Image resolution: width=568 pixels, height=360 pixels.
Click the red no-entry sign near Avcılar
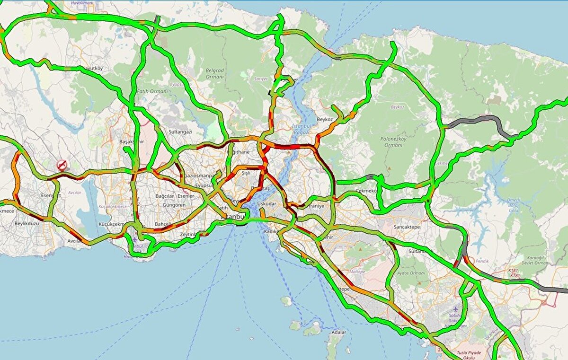[x=62, y=165]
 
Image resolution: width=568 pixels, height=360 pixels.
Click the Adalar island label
[x=338, y=332]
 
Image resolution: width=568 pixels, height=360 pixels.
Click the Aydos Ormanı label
[x=410, y=273]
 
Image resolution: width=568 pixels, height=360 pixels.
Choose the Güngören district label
[x=174, y=205]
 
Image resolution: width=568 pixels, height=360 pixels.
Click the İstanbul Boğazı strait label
[x=301, y=129]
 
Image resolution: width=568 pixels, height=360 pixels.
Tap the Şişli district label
[x=246, y=174]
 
